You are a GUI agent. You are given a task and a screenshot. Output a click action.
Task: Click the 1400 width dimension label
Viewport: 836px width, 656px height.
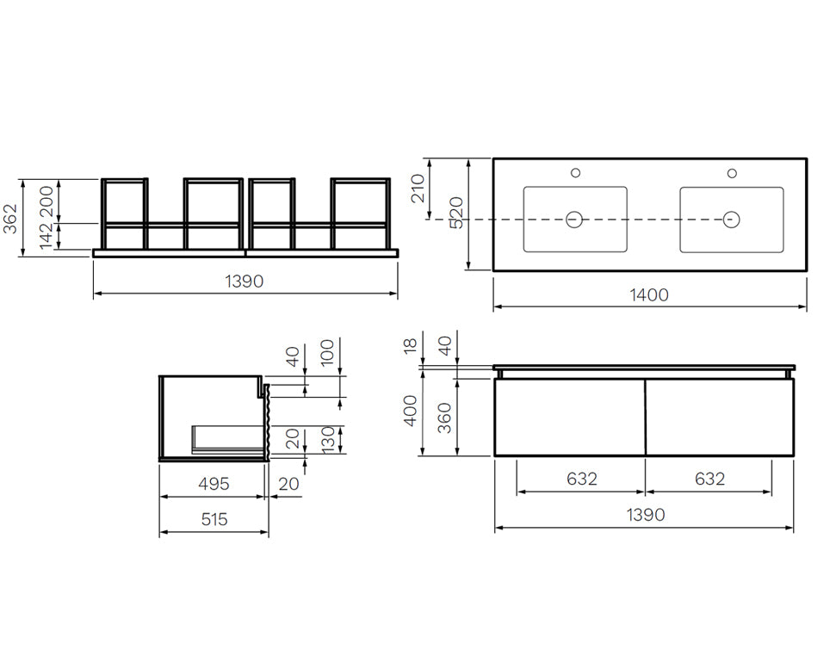[x=649, y=294]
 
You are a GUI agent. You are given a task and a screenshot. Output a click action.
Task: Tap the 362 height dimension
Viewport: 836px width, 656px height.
[x=10, y=219]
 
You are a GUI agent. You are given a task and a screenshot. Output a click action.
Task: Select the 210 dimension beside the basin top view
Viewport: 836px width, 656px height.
[x=418, y=189]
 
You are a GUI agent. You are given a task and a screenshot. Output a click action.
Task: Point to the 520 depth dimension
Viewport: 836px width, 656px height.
[x=456, y=212]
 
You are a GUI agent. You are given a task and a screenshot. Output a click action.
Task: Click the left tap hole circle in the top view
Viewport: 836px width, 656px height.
[x=575, y=173]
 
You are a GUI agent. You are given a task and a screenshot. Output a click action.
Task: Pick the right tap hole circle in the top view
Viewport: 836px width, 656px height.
[x=732, y=173]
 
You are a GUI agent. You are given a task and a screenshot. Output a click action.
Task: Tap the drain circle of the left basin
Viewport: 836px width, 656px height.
[x=574, y=220]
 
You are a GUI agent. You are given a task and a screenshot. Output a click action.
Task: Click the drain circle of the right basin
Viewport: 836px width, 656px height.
[x=731, y=220]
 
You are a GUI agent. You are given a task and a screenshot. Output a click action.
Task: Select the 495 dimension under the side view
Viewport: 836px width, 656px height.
[x=214, y=484]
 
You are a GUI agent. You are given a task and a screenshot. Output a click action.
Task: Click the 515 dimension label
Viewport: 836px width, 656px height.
[x=214, y=519]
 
